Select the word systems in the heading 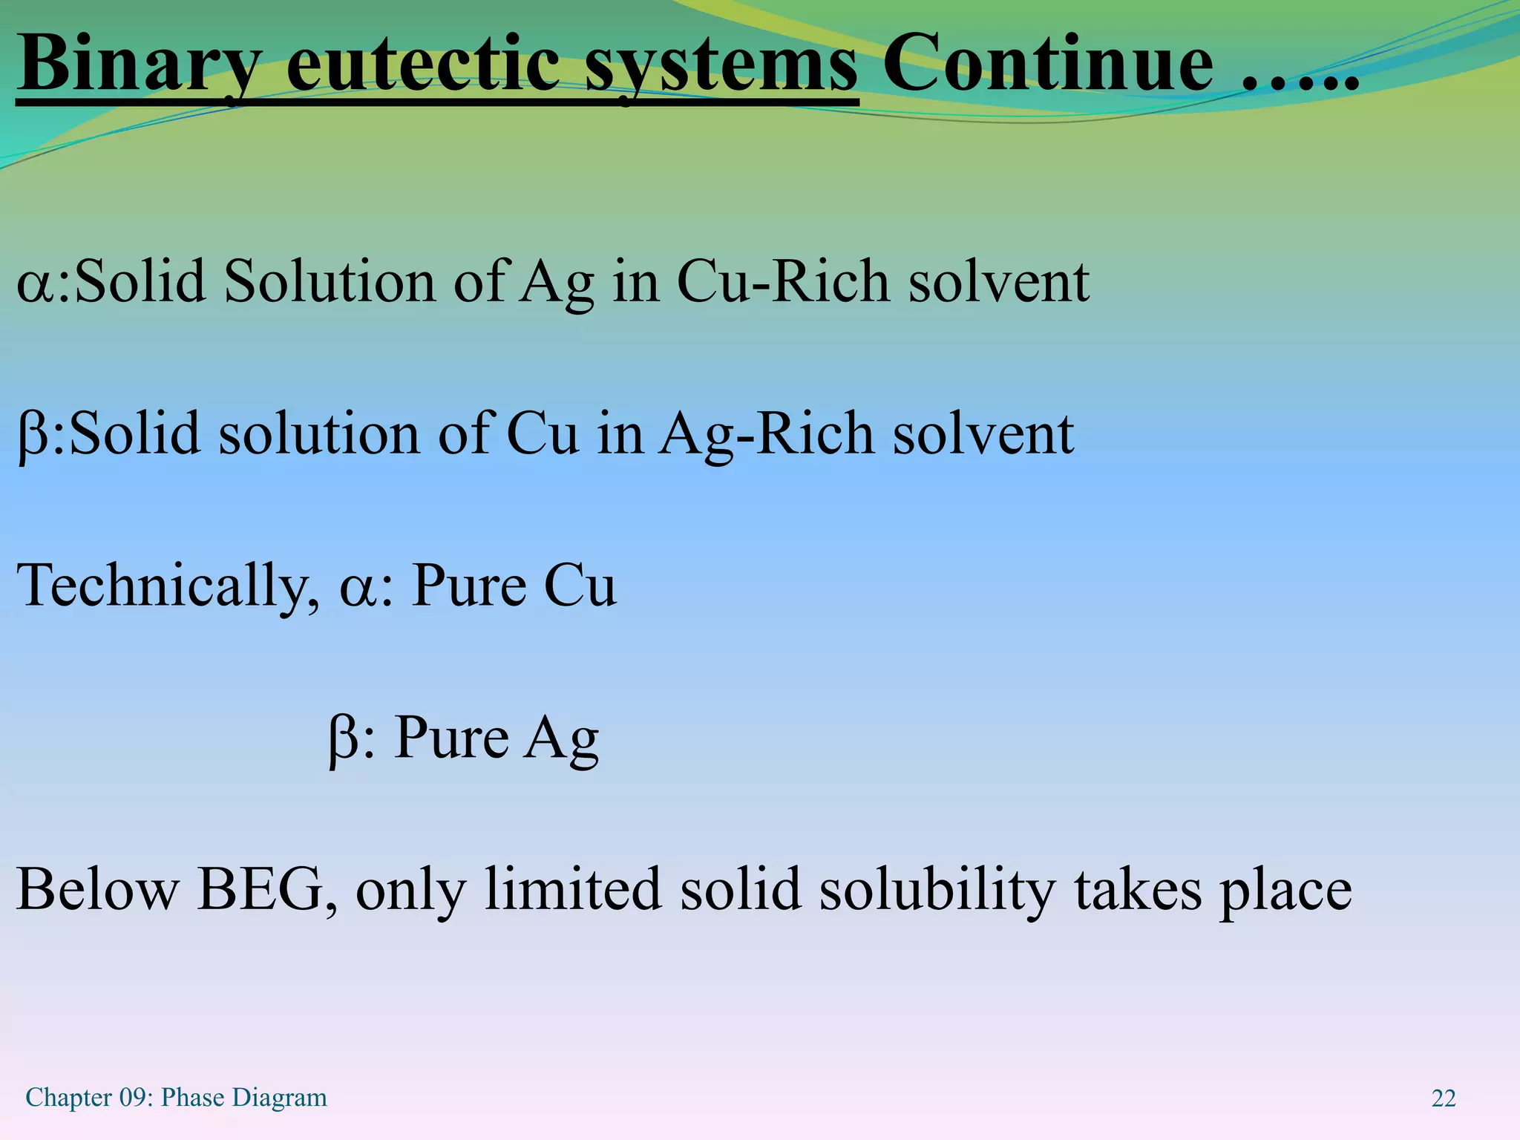pyautogui.click(x=721, y=65)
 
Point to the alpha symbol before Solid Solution pyautogui.click(x=34, y=286)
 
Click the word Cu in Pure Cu pyautogui.click(x=580, y=586)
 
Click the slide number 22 pyautogui.click(x=1443, y=1098)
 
